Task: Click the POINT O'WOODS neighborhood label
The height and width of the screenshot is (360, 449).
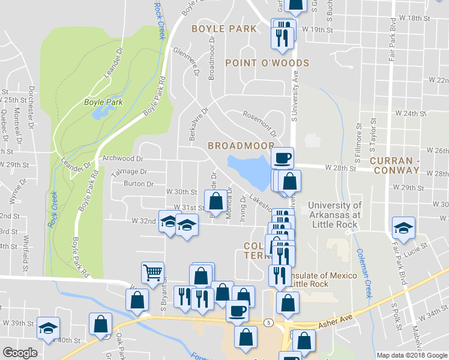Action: pos(267,63)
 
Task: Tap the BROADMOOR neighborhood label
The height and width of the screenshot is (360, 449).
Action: pos(241,146)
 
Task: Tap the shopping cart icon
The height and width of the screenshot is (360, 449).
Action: pos(152,273)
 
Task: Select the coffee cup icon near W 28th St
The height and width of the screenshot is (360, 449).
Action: pos(283,158)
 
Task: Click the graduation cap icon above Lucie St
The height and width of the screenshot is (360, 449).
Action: pos(403,227)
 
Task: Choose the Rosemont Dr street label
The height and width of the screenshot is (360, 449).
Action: pos(259,122)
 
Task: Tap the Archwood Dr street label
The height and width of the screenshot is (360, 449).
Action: pos(123,159)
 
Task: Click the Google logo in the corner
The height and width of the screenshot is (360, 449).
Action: pos(20,353)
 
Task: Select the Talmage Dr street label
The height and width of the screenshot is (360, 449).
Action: pos(130,172)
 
